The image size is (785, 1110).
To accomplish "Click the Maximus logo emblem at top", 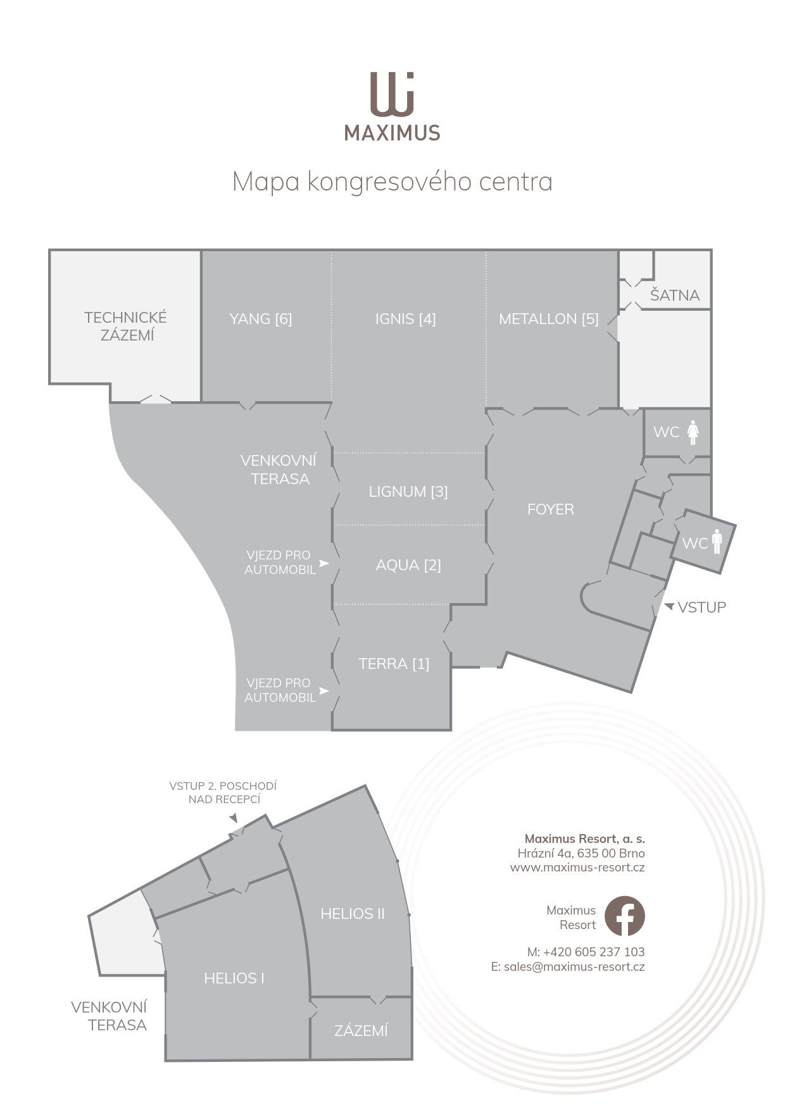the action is [x=392, y=95].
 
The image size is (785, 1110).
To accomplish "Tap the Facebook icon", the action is [x=624, y=916].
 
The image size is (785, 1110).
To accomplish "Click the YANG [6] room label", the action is [x=261, y=319].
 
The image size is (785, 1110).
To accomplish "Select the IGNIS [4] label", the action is [x=405, y=319].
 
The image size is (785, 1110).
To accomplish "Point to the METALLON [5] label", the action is [x=549, y=319].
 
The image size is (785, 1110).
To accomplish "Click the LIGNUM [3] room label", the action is [x=408, y=492].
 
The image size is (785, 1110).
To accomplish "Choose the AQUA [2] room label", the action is [x=408, y=565].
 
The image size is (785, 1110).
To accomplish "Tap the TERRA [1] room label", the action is [x=394, y=664].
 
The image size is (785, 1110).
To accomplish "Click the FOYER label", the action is [x=551, y=509].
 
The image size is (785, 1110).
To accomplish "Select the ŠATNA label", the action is [x=675, y=294].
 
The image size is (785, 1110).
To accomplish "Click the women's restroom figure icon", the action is [x=693, y=432].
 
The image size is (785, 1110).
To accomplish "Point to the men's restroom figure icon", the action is [x=717, y=542].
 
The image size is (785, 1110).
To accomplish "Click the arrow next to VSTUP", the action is [x=669, y=607].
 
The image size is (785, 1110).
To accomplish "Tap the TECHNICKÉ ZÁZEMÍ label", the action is [x=126, y=327].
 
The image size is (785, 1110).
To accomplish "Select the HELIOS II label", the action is [x=353, y=914].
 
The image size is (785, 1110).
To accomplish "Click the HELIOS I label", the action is [x=234, y=978].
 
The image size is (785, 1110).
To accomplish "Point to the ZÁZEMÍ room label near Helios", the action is [x=361, y=1030].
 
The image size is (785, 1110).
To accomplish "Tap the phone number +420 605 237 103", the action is [x=594, y=952].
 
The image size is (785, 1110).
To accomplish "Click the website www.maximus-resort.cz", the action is [x=577, y=868].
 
